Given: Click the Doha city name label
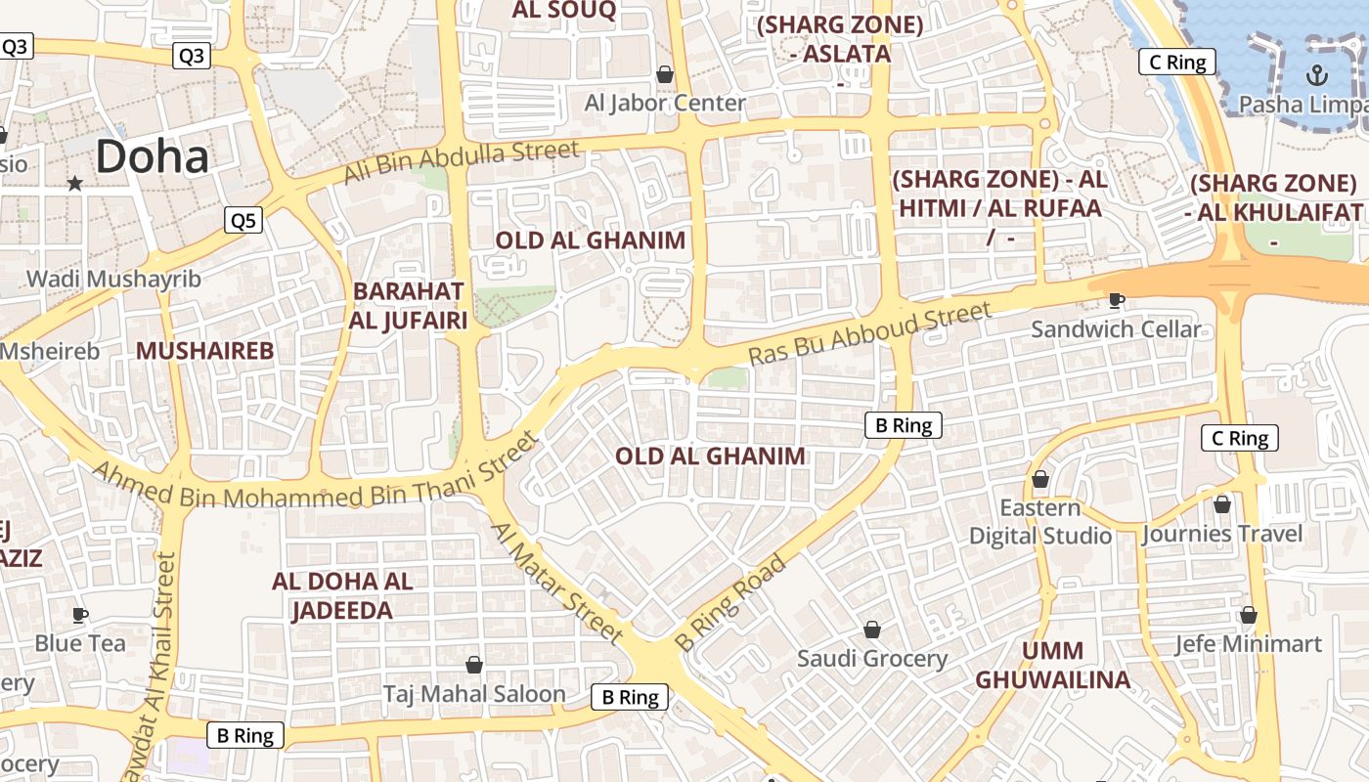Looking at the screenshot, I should (153, 157).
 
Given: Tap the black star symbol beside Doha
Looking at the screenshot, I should (74, 183).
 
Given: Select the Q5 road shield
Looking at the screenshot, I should (243, 221).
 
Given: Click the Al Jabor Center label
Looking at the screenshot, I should (665, 103).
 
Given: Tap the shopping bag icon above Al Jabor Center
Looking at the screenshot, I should (665, 74).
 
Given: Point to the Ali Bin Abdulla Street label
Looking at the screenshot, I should (462, 162).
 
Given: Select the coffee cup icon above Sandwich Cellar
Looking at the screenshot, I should (1116, 300).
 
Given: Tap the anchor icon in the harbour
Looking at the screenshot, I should (1316, 74).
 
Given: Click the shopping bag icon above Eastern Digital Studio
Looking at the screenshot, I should (1040, 479).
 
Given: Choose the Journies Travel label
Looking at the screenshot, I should (1222, 534).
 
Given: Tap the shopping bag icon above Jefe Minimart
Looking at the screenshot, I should (1248, 615).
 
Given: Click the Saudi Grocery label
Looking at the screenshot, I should (872, 659).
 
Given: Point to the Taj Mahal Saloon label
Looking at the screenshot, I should (474, 694).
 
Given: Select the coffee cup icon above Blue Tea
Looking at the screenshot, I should (80, 615).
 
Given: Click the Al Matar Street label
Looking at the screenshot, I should (556, 584).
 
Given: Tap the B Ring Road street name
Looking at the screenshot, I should (730, 603).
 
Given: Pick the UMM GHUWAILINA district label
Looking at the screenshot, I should (1052, 665).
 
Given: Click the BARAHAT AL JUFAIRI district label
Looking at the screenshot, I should (409, 305).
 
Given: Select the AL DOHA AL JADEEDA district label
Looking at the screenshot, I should (342, 595).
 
